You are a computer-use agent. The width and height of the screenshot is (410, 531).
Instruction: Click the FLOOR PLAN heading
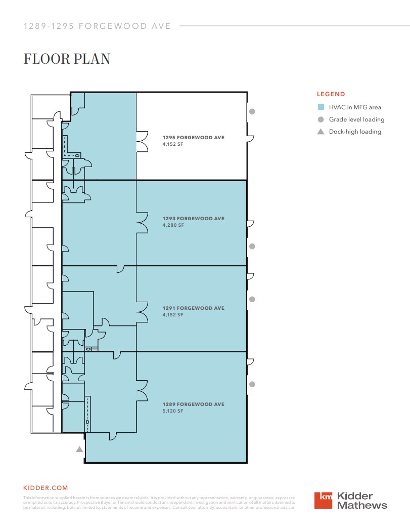[67, 59]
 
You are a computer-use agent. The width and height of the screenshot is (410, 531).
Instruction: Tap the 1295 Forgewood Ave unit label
[193, 137]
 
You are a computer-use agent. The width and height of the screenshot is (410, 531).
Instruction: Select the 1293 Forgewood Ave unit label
[193, 219]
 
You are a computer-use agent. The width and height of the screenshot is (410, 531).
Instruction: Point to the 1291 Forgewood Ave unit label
[193, 308]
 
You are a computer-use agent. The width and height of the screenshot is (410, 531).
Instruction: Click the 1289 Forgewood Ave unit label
[193, 404]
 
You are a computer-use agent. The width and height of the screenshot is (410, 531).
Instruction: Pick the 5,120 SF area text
[173, 411]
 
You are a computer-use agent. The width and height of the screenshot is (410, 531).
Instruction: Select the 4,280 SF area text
[173, 225]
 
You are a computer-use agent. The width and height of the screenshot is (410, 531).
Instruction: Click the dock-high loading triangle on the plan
[79, 449]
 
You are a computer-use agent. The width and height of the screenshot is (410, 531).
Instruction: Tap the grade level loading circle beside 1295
[252, 111]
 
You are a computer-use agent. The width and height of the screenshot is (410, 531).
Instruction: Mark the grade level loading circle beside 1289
[252, 384]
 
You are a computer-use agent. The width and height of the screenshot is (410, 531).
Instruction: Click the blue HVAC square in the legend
[321, 107]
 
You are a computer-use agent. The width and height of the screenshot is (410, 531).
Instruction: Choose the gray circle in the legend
[321, 119]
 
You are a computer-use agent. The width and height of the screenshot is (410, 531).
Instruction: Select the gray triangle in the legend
[321, 132]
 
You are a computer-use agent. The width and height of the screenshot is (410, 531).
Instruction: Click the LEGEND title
[331, 94]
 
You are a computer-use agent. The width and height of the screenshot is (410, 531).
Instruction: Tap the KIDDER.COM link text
[45, 488]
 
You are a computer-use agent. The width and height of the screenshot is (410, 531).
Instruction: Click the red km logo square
[324, 500]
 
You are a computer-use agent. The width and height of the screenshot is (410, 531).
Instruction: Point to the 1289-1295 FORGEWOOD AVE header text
[97, 26]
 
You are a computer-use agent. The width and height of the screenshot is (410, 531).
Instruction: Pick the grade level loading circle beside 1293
[252, 247]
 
